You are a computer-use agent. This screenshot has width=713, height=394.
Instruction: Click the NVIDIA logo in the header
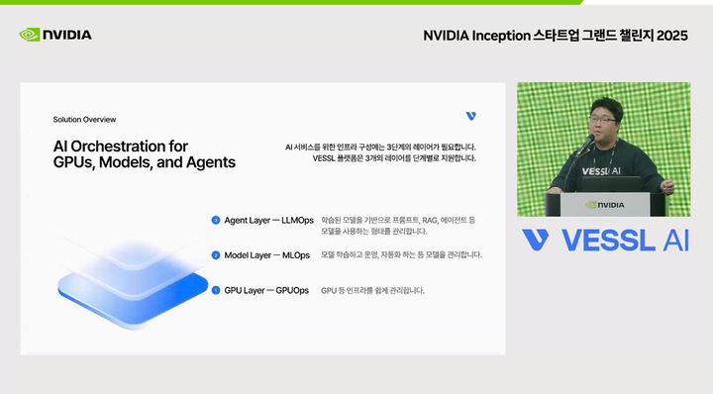click(55, 35)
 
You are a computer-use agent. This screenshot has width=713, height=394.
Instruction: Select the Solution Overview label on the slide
click(84, 119)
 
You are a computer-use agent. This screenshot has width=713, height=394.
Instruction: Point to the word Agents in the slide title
click(214, 162)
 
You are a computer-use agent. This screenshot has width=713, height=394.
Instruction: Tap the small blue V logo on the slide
click(470, 117)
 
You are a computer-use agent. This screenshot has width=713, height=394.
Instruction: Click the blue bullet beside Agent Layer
click(215, 220)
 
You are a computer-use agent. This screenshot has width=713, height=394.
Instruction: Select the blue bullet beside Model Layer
click(215, 255)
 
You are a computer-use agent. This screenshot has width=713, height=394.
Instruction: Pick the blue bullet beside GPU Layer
click(215, 290)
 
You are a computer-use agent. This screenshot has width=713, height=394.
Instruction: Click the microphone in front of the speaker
click(587, 148)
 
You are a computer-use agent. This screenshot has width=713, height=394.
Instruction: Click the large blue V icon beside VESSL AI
click(536, 241)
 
